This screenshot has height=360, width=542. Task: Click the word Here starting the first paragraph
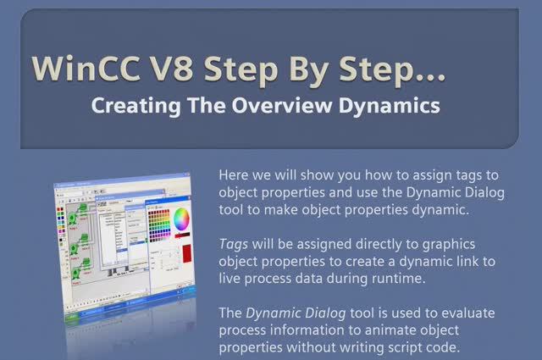(235, 174)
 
